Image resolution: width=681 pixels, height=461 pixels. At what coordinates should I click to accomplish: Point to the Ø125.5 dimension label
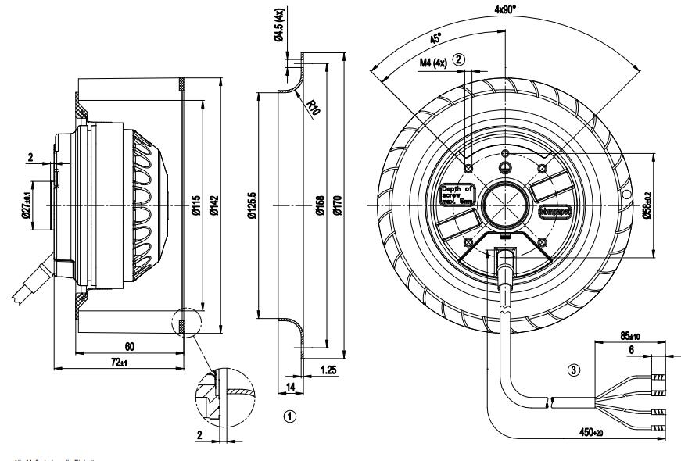[251, 207]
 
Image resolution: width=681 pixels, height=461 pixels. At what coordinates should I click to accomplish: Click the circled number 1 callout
[290, 416]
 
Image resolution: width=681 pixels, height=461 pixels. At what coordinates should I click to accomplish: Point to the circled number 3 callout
[575, 371]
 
